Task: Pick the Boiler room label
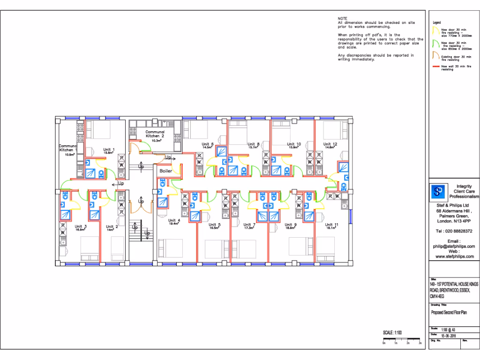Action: [x=165, y=171]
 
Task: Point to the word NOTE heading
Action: [x=342, y=18]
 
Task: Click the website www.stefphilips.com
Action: [x=454, y=256]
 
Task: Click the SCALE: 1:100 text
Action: [x=393, y=333]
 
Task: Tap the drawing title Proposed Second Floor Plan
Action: [x=449, y=312]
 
